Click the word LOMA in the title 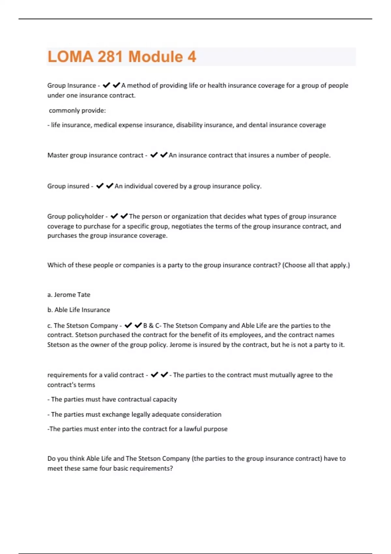[70, 57]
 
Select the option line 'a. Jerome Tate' [69, 295]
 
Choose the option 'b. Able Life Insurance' [79, 310]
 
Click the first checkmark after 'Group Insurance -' [106, 85]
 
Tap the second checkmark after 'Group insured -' [109, 186]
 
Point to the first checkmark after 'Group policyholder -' [114, 216]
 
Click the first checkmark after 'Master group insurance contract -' [154, 155]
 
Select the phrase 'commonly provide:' [77, 110]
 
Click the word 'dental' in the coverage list [258, 125]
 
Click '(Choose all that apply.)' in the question [316, 265]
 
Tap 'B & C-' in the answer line [152, 325]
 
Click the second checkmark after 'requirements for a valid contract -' [164, 375]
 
